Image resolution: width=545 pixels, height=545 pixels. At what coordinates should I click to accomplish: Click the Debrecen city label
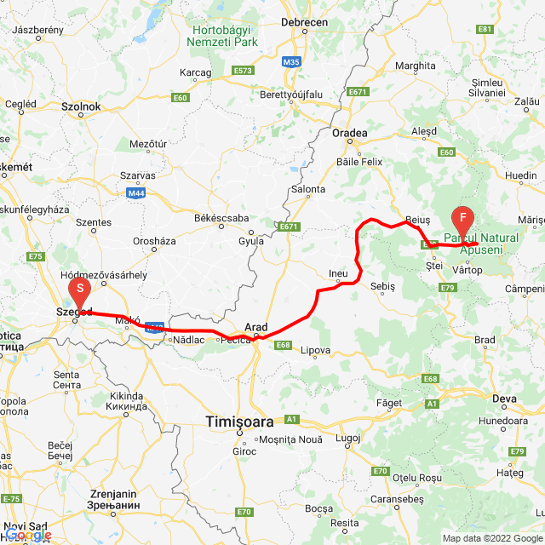pos(303,21)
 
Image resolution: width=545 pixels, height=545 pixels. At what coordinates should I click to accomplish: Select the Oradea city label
pos(350,133)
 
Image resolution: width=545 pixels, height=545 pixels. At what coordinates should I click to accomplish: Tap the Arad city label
pos(256,326)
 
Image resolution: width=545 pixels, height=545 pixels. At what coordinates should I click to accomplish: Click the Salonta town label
pos(308,189)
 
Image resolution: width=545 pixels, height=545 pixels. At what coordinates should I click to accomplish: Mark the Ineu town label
pos(339,273)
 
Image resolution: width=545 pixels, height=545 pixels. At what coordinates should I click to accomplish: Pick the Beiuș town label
pos(419,220)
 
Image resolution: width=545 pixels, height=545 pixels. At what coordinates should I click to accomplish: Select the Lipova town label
pos(316,350)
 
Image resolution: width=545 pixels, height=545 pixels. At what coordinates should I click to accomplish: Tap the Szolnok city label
pos(81,106)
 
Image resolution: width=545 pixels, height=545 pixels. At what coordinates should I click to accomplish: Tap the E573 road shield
pos(243,70)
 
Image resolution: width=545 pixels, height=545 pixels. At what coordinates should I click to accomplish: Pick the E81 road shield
pos(485,29)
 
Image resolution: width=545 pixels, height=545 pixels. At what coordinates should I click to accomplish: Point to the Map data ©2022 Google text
pos(491,538)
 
